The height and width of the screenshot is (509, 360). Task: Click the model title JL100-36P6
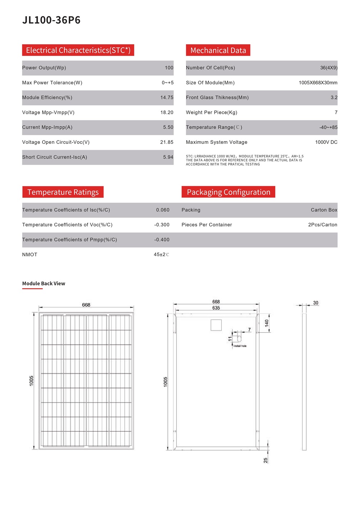51,20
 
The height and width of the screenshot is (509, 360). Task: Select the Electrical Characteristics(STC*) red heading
78,50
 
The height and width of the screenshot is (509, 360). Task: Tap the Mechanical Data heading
218,50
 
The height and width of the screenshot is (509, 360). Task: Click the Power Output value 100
169,68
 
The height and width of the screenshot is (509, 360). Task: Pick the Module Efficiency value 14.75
167,98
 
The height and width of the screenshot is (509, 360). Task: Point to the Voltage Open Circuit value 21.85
167,142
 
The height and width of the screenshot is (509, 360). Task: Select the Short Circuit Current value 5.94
168,157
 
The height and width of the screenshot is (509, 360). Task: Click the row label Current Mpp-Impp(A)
47,128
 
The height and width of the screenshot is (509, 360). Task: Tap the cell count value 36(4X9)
329,68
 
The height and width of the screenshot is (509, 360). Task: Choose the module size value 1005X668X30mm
318,83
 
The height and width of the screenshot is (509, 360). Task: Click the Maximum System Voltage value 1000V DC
326,142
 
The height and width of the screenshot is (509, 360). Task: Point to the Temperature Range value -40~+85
328,128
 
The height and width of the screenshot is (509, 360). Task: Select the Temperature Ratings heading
63,192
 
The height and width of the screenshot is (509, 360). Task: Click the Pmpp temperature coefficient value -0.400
162,240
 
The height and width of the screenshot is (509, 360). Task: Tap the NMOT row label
30,255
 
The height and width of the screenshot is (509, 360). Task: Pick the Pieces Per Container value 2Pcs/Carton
323,225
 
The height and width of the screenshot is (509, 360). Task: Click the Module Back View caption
44,283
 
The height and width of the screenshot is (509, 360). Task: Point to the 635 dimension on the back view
216,308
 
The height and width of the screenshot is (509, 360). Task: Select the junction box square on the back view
216,325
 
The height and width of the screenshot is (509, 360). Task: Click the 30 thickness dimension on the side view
315,303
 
